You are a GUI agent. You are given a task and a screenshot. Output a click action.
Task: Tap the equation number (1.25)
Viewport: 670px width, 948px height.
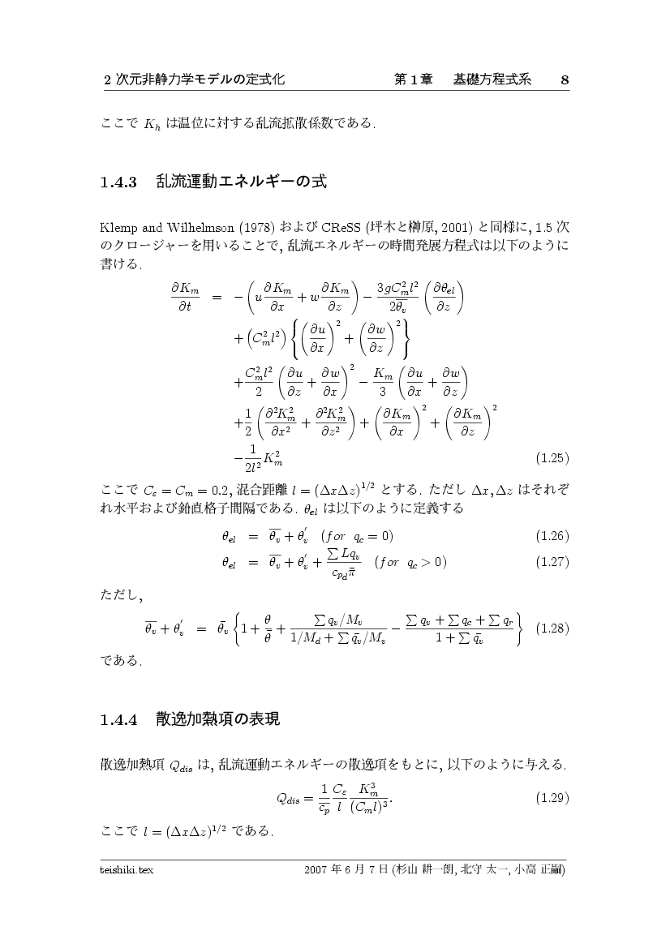click(x=552, y=458)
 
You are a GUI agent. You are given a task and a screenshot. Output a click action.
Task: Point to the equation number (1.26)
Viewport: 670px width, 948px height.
click(x=552, y=536)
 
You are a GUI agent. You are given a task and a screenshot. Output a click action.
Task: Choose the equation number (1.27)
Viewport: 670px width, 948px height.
click(x=552, y=561)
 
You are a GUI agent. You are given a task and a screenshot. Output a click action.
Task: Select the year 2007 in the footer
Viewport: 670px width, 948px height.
click(x=316, y=870)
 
